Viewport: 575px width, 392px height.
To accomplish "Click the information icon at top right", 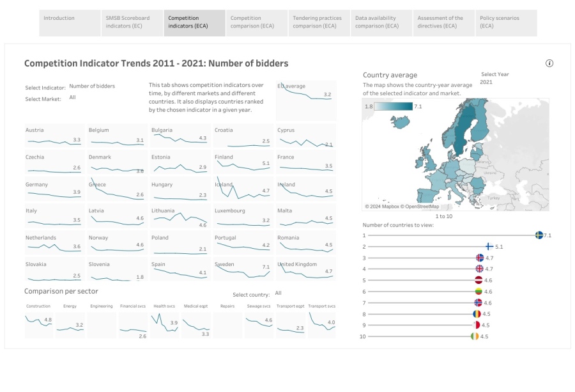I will [x=549, y=63].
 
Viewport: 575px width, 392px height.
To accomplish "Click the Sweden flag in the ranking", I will [x=539, y=235].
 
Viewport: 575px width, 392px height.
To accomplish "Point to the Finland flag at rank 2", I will [x=489, y=246].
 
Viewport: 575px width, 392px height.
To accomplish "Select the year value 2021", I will [x=486, y=82].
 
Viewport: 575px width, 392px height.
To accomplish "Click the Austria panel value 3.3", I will [x=77, y=139].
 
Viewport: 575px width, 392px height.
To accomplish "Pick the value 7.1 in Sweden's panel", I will [x=266, y=267].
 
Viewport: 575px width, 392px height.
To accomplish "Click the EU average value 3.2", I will [x=327, y=95].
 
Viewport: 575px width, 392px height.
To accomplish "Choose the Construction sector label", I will [x=38, y=306].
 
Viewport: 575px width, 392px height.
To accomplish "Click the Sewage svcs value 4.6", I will [x=268, y=320].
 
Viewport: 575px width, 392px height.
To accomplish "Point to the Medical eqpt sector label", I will [x=195, y=306].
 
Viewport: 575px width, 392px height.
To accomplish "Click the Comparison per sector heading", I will [x=61, y=292].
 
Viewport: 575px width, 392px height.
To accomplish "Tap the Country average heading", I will [x=390, y=75].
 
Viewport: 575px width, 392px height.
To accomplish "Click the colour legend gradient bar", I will [x=394, y=106].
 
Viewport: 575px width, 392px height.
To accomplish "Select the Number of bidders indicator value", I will [x=92, y=86].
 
